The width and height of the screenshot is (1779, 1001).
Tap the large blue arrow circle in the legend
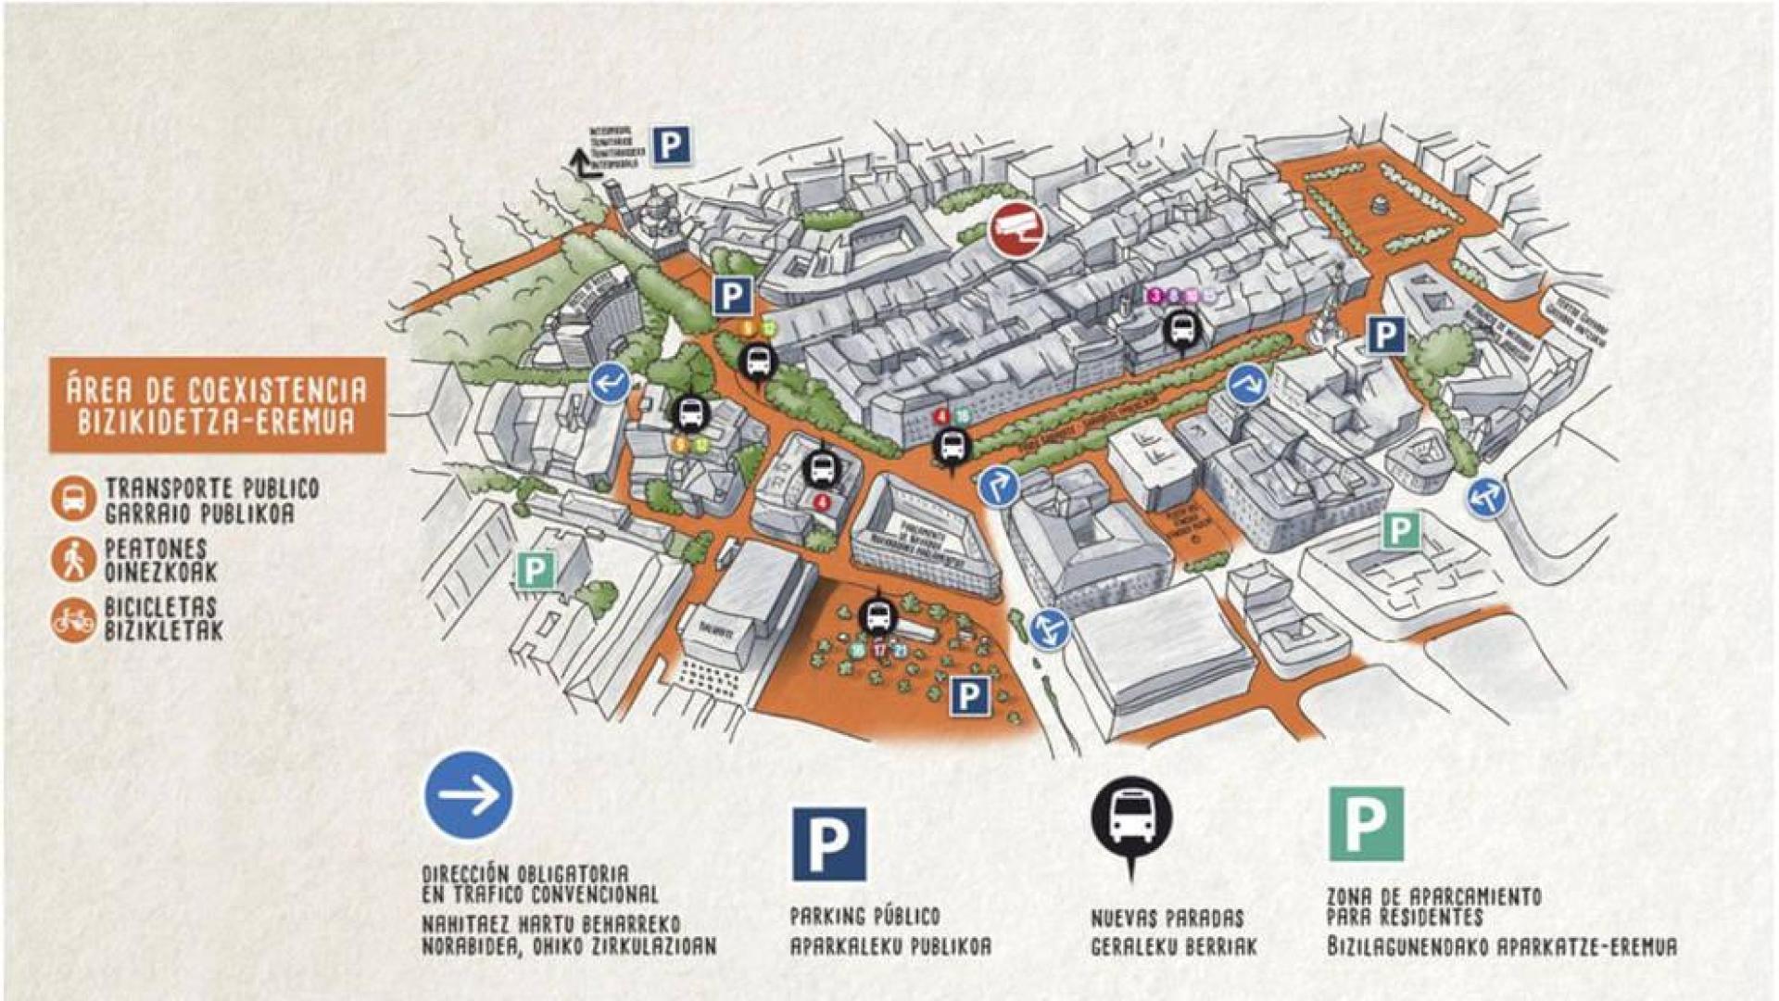(469, 795)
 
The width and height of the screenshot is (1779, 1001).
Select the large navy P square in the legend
(829, 843)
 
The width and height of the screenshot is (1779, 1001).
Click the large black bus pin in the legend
(1131, 819)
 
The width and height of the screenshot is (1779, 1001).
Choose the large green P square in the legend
(1366, 824)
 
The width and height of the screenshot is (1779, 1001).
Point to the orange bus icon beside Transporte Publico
(73, 500)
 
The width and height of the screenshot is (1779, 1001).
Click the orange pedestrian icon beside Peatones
(73, 560)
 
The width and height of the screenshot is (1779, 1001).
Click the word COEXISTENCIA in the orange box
(278, 389)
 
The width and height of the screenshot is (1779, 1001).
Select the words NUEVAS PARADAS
(1167, 919)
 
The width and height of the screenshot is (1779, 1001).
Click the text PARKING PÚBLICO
(864, 917)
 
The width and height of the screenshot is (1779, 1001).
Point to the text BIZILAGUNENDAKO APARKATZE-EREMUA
(1501, 947)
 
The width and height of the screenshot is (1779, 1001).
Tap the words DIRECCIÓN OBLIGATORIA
(525, 874)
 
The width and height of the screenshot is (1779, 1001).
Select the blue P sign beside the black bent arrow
(672, 146)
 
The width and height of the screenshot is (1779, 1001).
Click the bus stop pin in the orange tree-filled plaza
(877, 615)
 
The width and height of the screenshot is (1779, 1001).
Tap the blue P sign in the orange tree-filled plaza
(969, 695)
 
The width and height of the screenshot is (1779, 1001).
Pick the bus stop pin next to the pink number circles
(1181, 329)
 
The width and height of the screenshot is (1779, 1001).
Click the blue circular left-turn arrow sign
(610, 382)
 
